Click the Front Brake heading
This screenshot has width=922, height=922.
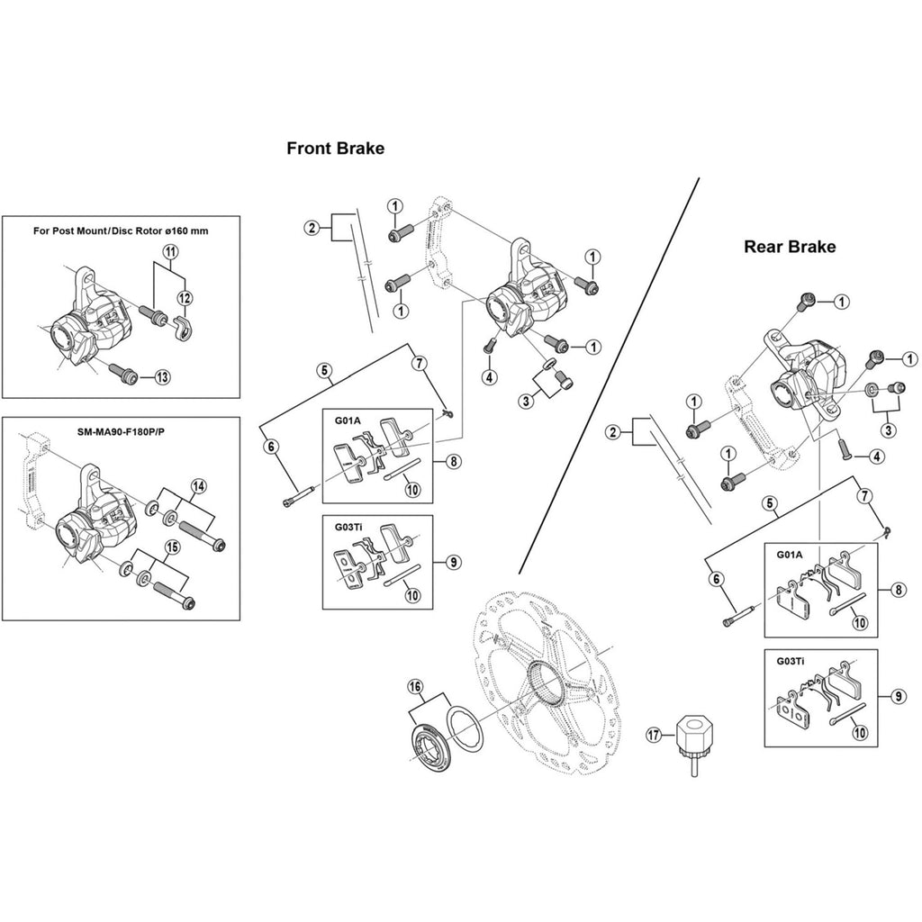coord(335,149)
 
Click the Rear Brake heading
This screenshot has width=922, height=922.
coord(789,247)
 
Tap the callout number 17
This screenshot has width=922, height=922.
coord(655,735)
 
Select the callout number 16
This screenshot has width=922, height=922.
coord(415,687)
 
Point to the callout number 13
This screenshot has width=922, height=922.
coord(161,377)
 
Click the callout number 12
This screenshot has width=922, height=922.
coord(184,298)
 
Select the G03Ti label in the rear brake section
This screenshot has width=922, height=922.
coord(786,662)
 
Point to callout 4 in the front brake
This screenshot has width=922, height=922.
coord(489,377)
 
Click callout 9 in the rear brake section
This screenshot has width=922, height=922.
coord(899,696)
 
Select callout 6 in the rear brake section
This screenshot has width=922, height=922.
coord(718,580)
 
